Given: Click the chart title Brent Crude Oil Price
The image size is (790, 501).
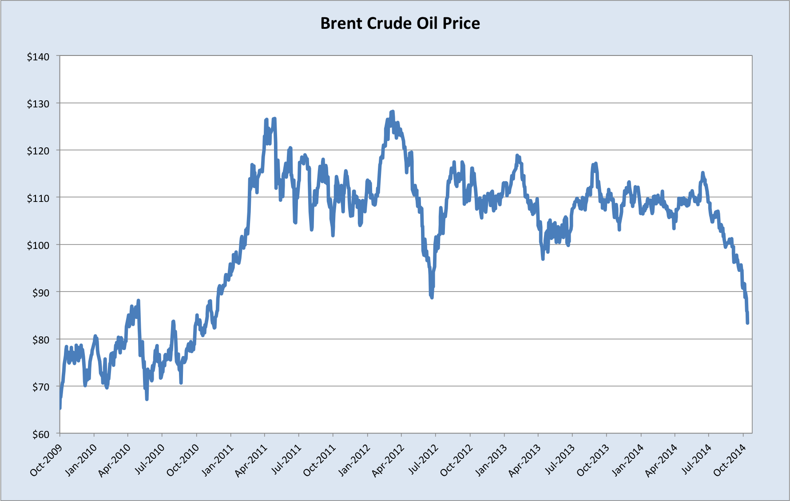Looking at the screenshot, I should tap(400, 23).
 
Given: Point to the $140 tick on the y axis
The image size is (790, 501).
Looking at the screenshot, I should tap(38, 57).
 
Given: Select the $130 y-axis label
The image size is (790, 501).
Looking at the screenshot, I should tap(38, 104).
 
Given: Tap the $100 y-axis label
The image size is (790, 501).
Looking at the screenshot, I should tap(38, 245).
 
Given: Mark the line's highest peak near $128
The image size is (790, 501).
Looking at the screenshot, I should tap(392, 112).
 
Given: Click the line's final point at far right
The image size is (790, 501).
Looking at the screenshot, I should tap(748, 323).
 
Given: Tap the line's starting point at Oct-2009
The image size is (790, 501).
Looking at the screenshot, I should tap(60, 407).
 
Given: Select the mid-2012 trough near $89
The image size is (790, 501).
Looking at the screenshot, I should tap(432, 297).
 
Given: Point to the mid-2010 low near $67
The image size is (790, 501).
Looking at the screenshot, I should tap(147, 399).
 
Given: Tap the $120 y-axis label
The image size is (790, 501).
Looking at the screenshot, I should tap(38, 151).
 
